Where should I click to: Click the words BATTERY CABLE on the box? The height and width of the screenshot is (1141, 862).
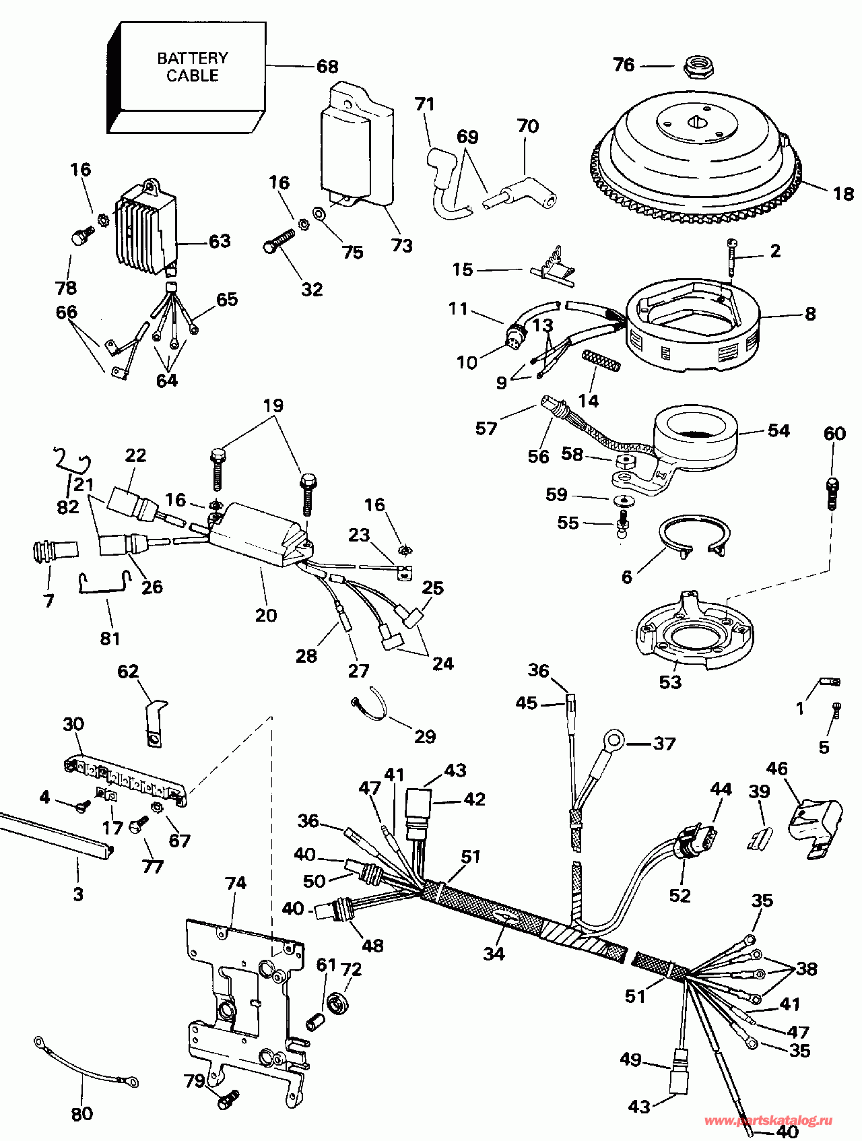(x=193, y=67)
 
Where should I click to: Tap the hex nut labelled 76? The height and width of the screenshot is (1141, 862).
(x=698, y=66)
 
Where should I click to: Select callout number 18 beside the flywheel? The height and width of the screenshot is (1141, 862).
(x=843, y=194)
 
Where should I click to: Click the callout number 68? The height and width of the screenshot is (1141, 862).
(x=327, y=66)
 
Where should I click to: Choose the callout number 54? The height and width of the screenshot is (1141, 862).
(x=778, y=430)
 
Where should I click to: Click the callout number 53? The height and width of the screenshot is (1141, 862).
(x=670, y=682)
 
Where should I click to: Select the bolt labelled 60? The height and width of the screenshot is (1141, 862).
(x=832, y=494)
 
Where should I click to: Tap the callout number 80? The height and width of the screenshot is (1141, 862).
(x=81, y=1115)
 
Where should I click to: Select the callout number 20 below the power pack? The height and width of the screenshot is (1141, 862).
(x=266, y=615)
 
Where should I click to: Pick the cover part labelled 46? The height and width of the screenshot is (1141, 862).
(x=814, y=827)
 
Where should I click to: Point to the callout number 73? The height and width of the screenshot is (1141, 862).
(x=402, y=246)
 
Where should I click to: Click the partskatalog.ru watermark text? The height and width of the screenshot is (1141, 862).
(x=768, y=1121)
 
